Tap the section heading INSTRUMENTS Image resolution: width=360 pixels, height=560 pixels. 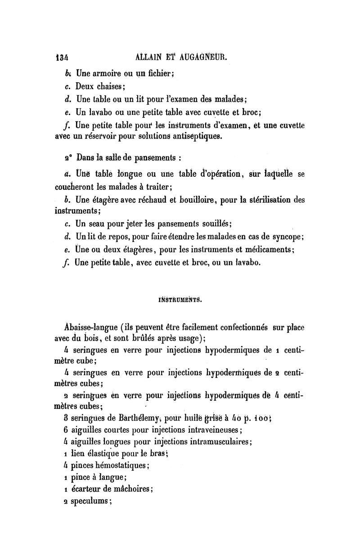180,300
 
